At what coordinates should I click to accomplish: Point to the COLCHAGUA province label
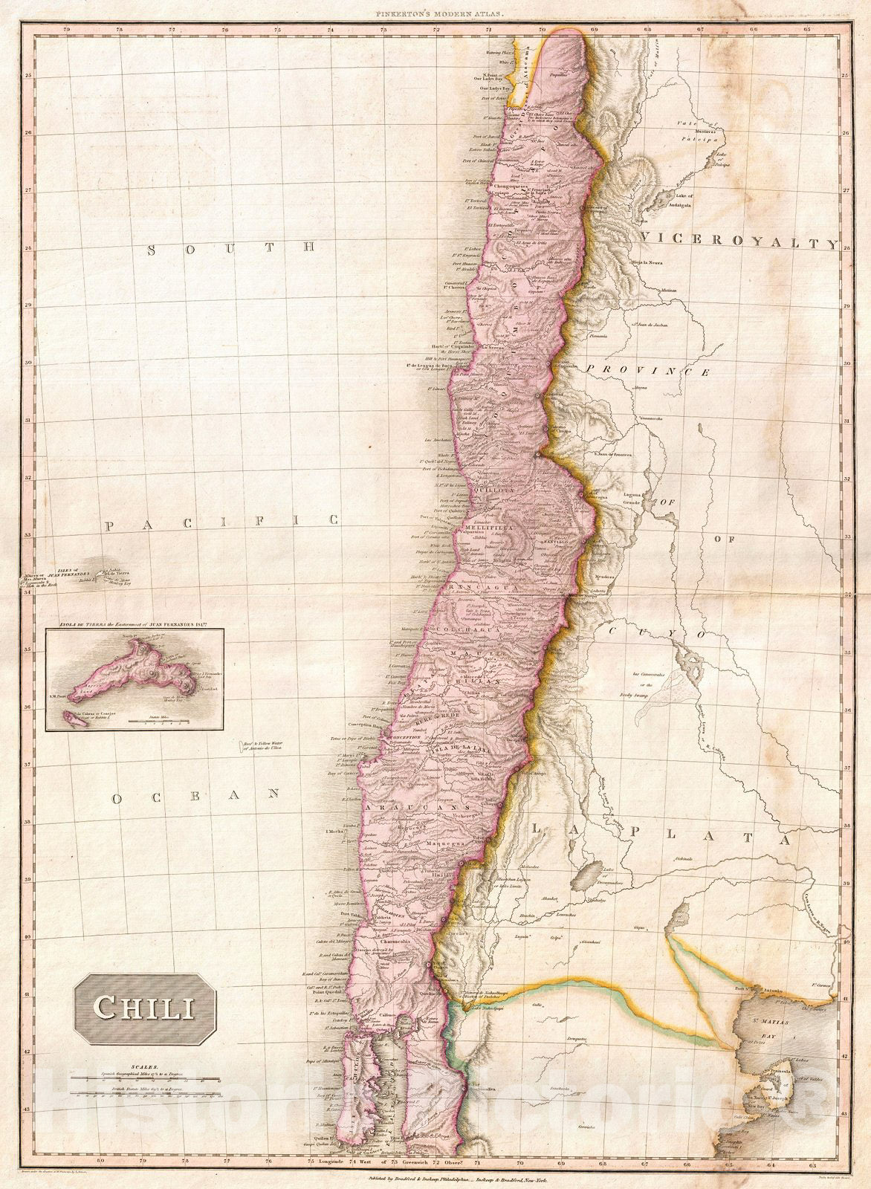coord(487,629)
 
